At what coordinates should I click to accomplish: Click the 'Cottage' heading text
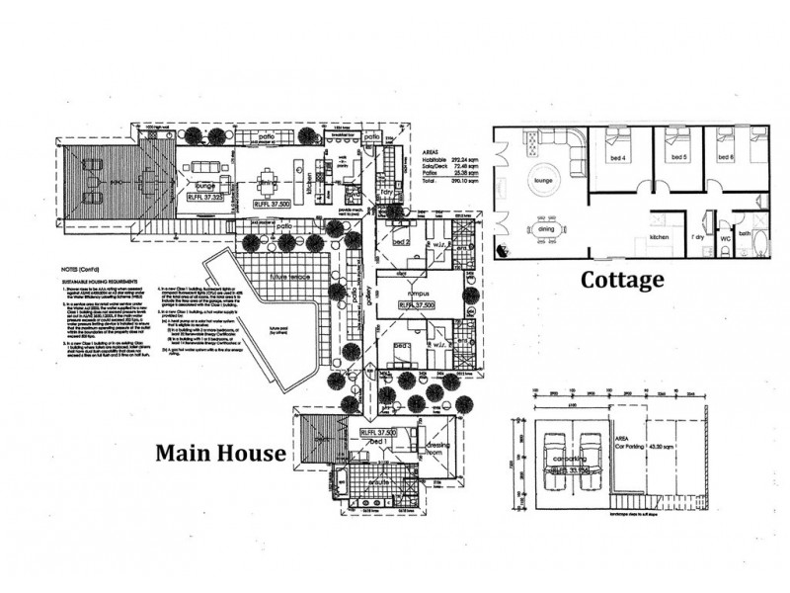click(621, 280)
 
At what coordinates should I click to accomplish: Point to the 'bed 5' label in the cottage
click(678, 157)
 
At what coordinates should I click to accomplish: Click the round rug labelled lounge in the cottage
click(540, 182)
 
